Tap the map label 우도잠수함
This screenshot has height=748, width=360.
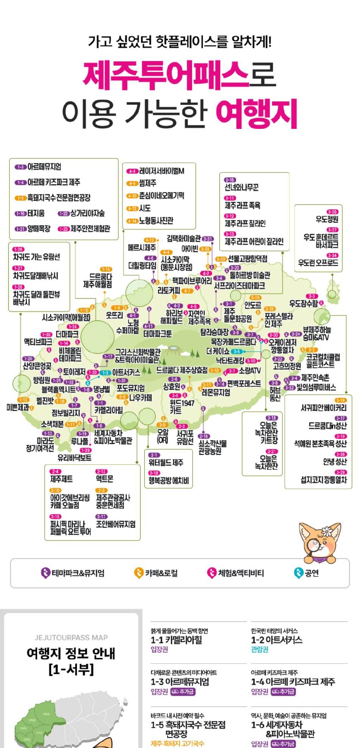[303, 303]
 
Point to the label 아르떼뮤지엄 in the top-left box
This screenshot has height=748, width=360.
[44, 167]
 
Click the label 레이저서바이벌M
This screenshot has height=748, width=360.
[161, 171]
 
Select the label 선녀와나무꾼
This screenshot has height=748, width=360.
[241, 187]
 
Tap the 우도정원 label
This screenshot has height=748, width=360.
[327, 219]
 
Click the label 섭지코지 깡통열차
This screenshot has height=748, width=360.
[324, 480]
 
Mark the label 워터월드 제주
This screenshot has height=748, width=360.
[166, 463]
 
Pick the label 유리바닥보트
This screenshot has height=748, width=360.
[74, 458]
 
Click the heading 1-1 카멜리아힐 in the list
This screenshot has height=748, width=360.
[177, 640]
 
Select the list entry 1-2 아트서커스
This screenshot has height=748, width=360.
[277, 640]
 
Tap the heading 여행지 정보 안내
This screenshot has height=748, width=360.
[71, 653]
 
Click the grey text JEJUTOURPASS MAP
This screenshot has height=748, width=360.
[71, 638]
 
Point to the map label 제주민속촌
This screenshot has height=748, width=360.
[315, 378]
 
